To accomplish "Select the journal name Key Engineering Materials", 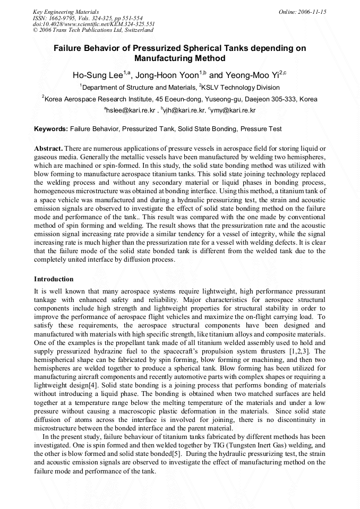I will point(66,12).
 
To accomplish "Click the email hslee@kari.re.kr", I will point(131,110).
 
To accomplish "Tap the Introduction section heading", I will point(54,279).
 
